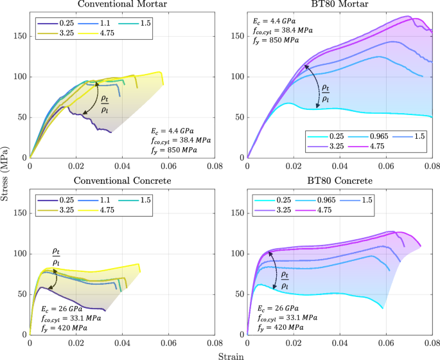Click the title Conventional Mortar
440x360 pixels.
pos(122,5)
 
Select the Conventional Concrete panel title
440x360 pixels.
pos(122,181)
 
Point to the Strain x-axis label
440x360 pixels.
pos(231,354)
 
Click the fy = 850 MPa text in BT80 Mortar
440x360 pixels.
pos(276,40)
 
